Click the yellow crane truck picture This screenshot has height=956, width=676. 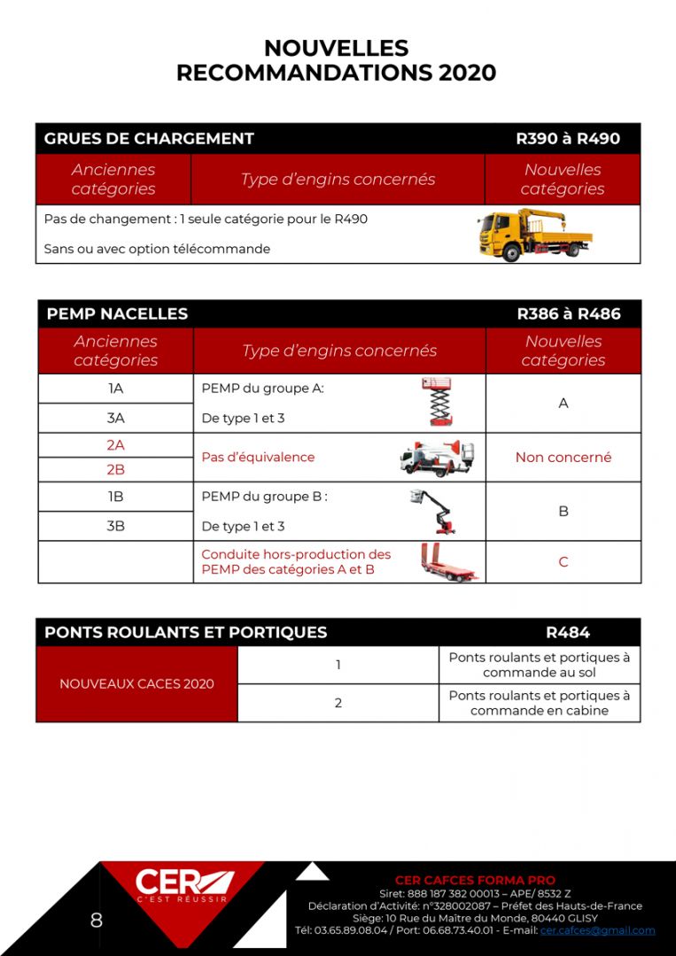point(534,235)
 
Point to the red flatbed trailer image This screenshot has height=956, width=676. point(448,562)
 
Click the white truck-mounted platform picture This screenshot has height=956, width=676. point(436,458)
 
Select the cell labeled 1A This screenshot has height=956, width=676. point(115,389)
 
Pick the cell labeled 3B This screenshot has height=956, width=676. point(115,526)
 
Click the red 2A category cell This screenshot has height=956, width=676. point(115,445)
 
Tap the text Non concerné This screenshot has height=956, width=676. point(563,458)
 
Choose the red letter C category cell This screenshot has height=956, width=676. point(563,562)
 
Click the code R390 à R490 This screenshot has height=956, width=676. point(568,139)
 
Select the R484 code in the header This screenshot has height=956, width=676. point(568,632)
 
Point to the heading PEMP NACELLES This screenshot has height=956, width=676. point(117,314)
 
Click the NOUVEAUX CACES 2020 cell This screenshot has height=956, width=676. point(136,684)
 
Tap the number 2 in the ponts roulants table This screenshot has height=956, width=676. point(338,703)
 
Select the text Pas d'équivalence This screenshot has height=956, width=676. point(258,458)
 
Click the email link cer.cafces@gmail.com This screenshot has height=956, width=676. point(597,930)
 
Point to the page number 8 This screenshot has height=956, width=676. point(96,921)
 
